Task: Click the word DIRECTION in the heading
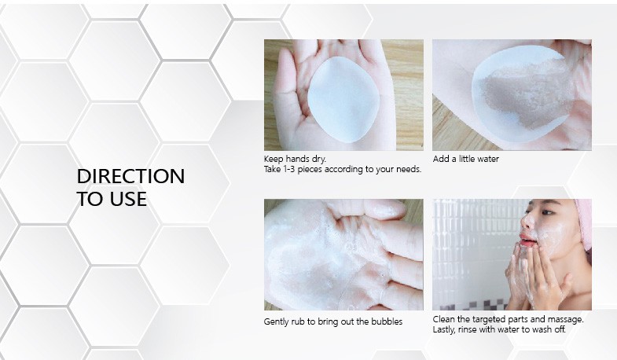pos(130,176)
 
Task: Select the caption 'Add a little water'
pos(466,159)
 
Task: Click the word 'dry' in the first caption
pos(318,160)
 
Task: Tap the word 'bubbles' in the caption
pos(387,321)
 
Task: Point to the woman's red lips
pos(528,240)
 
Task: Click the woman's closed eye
pos(547,212)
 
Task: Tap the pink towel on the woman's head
pos(583,223)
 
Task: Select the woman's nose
pos(525,223)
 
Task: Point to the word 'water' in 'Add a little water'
pos(488,159)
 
